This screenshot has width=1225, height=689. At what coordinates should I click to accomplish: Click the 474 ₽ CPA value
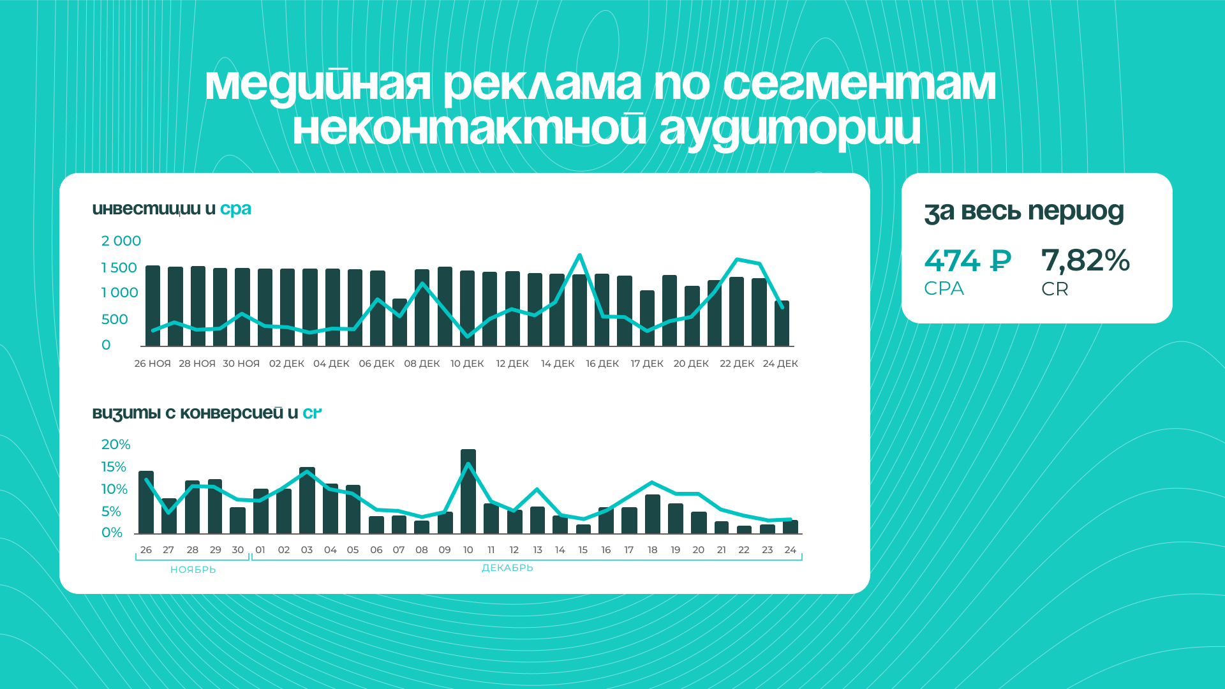967,261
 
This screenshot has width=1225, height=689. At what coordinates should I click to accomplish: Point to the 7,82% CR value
1085,261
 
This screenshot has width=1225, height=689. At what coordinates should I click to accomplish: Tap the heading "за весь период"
1024,212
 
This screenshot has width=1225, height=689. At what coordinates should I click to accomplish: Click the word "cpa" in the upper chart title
235,209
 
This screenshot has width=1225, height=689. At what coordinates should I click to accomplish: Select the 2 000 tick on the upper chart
121,241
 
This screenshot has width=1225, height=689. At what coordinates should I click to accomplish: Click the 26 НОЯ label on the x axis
152,364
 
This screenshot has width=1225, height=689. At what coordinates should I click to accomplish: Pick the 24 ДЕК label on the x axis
780,364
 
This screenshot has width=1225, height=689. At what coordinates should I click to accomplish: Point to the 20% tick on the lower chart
115,445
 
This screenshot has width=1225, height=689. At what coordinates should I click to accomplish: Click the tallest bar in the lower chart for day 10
468,491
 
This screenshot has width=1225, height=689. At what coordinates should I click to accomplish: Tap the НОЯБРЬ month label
193,570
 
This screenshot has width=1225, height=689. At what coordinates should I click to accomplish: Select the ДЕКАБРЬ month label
507,568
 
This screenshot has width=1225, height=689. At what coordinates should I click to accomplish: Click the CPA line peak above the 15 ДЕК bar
579,255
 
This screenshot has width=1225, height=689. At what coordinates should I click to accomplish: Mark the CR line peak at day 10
469,464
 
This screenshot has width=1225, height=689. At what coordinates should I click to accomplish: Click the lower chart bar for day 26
146,502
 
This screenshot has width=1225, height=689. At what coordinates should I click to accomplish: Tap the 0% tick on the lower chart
112,533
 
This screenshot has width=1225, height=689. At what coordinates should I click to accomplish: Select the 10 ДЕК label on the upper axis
467,364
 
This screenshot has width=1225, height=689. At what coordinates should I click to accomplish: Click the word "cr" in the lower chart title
312,413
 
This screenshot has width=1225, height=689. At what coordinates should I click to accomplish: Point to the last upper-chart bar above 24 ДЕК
782,323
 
